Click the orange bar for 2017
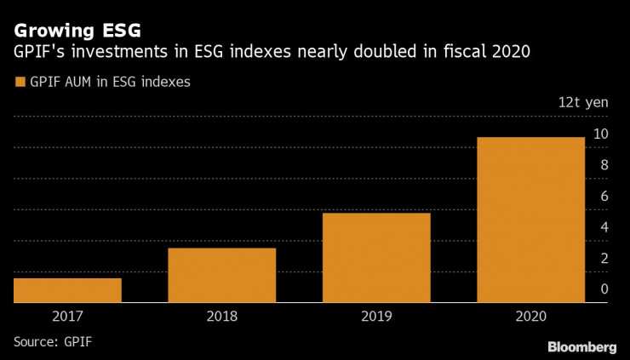tap(67, 290)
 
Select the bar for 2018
tap(221, 275)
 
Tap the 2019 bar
tap(376, 257)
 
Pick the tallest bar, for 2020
tap(530, 220)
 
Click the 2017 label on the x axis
tap(67, 316)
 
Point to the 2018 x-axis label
tap(221, 316)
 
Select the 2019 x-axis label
tap(376, 316)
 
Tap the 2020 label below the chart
tap(530, 316)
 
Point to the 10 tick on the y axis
tap(600, 134)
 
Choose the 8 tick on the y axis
tap(604, 165)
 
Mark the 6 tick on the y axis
tap(604, 196)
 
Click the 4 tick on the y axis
tap(604, 227)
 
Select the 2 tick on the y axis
tap(604, 258)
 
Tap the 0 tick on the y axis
tap(604, 289)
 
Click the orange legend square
tap(19, 83)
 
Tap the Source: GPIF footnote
tap(53, 342)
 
